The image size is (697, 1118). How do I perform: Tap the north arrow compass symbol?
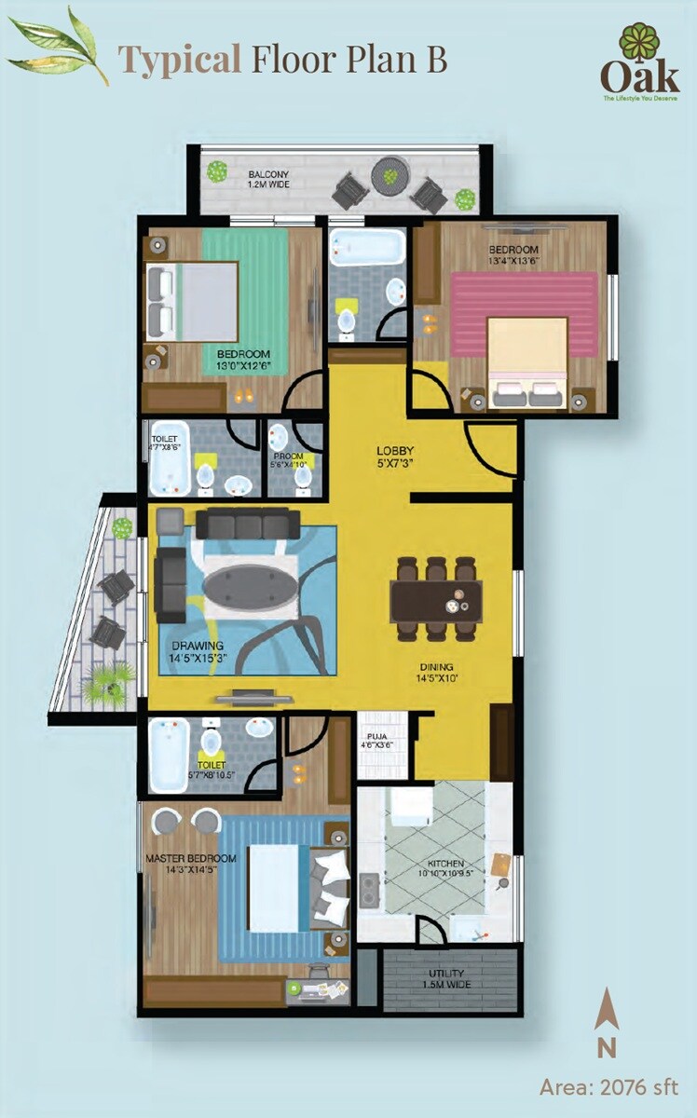[x=607, y=1023]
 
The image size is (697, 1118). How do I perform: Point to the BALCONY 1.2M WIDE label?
[x=267, y=179]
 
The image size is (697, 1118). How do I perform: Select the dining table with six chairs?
[x=438, y=598]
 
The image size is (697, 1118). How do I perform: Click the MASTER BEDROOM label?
[x=190, y=864]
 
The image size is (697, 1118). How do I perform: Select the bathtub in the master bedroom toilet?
[x=170, y=750]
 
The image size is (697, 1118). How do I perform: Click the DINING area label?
[x=435, y=673]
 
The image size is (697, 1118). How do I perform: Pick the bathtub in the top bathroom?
[x=367, y=245]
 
